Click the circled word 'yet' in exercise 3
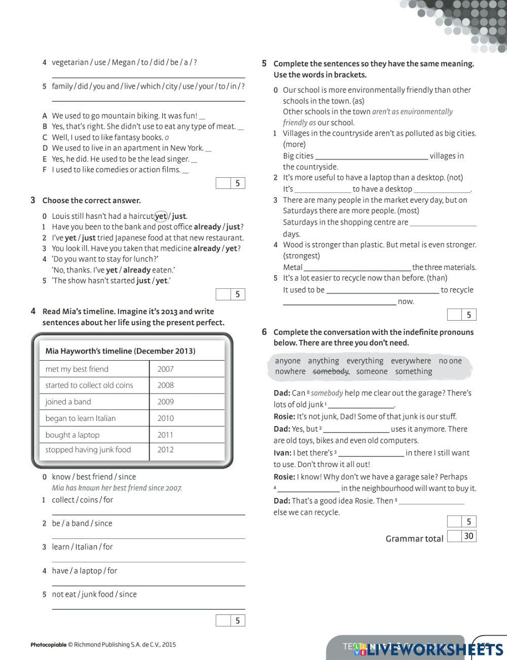161,216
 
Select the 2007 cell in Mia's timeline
165,369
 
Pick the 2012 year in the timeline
165,450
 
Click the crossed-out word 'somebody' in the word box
331,372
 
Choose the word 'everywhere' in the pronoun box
411,361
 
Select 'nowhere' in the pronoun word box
290,372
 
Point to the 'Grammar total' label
414,539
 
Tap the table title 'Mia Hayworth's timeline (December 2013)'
120,351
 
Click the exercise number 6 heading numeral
264,332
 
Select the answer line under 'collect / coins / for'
148,514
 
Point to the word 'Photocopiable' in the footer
49,645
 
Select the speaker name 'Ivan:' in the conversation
282,453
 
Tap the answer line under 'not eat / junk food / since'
148,608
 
